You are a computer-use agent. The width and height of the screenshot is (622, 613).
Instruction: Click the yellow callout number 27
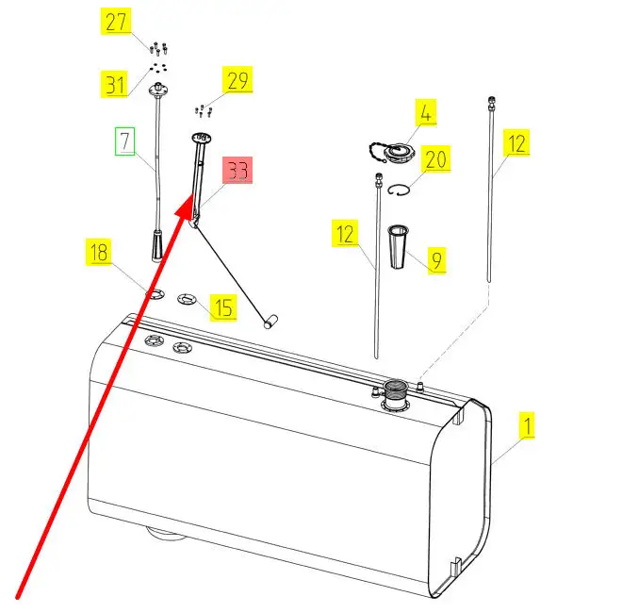tap(115, 22)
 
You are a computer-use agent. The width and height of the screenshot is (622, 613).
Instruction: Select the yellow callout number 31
tap(115, 84)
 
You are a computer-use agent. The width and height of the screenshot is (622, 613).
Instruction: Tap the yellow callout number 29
tap(237, 80)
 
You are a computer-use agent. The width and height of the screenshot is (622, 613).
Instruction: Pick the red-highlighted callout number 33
tap(237, 171)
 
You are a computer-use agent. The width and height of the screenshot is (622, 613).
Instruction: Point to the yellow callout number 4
tap(426, 113)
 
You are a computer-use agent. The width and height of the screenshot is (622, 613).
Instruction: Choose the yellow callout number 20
tap(435, 158)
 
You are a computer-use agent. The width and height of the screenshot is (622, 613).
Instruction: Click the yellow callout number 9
tap(436, 260)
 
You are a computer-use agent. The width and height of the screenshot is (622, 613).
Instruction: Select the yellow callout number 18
tap(99, 252)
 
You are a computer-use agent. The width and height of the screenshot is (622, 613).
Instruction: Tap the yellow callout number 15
tap(223, 307)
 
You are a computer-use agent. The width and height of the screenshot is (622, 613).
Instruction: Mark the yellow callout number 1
tap(527, 425)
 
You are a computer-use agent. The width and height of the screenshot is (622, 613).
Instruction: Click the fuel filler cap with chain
tap(393, 153)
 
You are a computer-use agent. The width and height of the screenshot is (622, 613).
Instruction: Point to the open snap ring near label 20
tap(399, 191)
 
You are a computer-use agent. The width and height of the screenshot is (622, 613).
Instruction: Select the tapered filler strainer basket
tap(398, 246)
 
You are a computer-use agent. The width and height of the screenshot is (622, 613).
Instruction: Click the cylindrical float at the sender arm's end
tap(270, 322)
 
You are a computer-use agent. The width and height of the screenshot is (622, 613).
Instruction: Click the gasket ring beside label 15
tap(187, 299)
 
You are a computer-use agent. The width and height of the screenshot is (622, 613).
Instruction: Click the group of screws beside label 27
tap(158, 49)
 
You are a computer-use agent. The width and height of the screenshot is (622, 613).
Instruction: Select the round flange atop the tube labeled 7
tap(158, 90)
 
